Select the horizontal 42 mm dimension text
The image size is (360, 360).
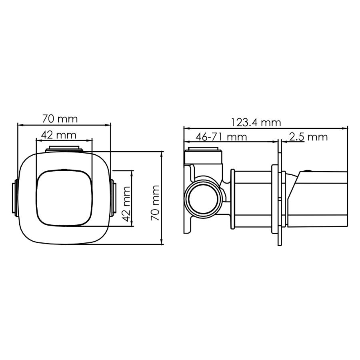(x=60, y=135)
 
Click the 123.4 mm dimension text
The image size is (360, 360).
(x=256, y=122)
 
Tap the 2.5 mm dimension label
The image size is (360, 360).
(x=308, y=137)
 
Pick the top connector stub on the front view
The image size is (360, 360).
(x=64, y=149)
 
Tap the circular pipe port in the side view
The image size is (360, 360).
(x=203, y=198)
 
